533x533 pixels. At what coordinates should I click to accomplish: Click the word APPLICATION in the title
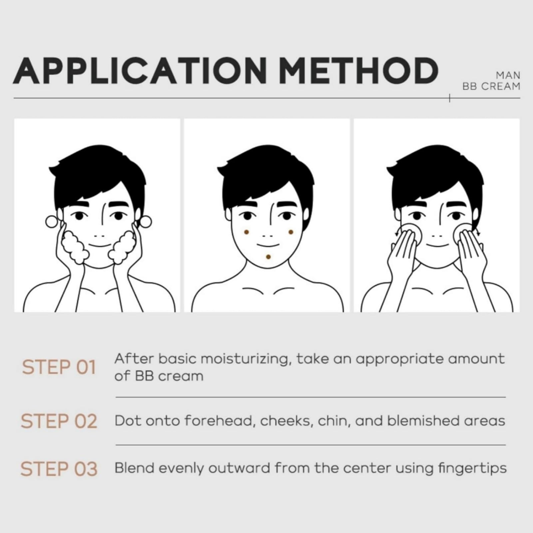point(140,71)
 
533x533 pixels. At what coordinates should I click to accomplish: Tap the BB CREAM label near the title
point(491,86)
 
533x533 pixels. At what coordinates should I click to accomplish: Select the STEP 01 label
point(59,367)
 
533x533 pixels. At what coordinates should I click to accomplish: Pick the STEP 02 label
point(59,421)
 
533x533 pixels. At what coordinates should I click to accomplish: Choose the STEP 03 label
point(59,469)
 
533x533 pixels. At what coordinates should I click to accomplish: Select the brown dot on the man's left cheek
point(290,232)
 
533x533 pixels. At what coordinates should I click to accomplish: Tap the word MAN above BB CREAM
point(508,76)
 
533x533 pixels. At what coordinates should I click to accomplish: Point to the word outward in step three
point(239,468)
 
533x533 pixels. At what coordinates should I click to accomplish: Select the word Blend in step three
point(135,468)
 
